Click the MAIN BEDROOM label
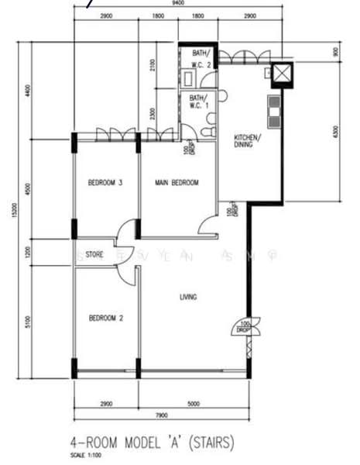pos(177,183)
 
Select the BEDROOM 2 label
pos(106,318)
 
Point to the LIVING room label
pos(188,296)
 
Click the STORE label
pos(94,253)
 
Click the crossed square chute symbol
pos(281,74)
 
